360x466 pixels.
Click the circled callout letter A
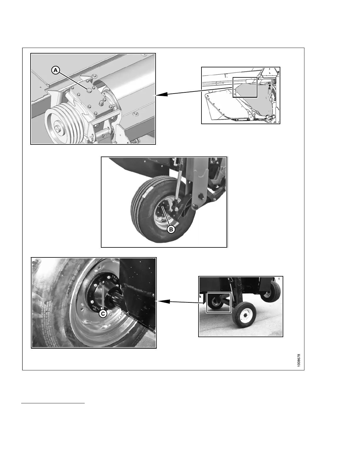56,70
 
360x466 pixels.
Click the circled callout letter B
171,229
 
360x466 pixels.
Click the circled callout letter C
103,314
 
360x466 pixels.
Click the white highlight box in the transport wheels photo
219,302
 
